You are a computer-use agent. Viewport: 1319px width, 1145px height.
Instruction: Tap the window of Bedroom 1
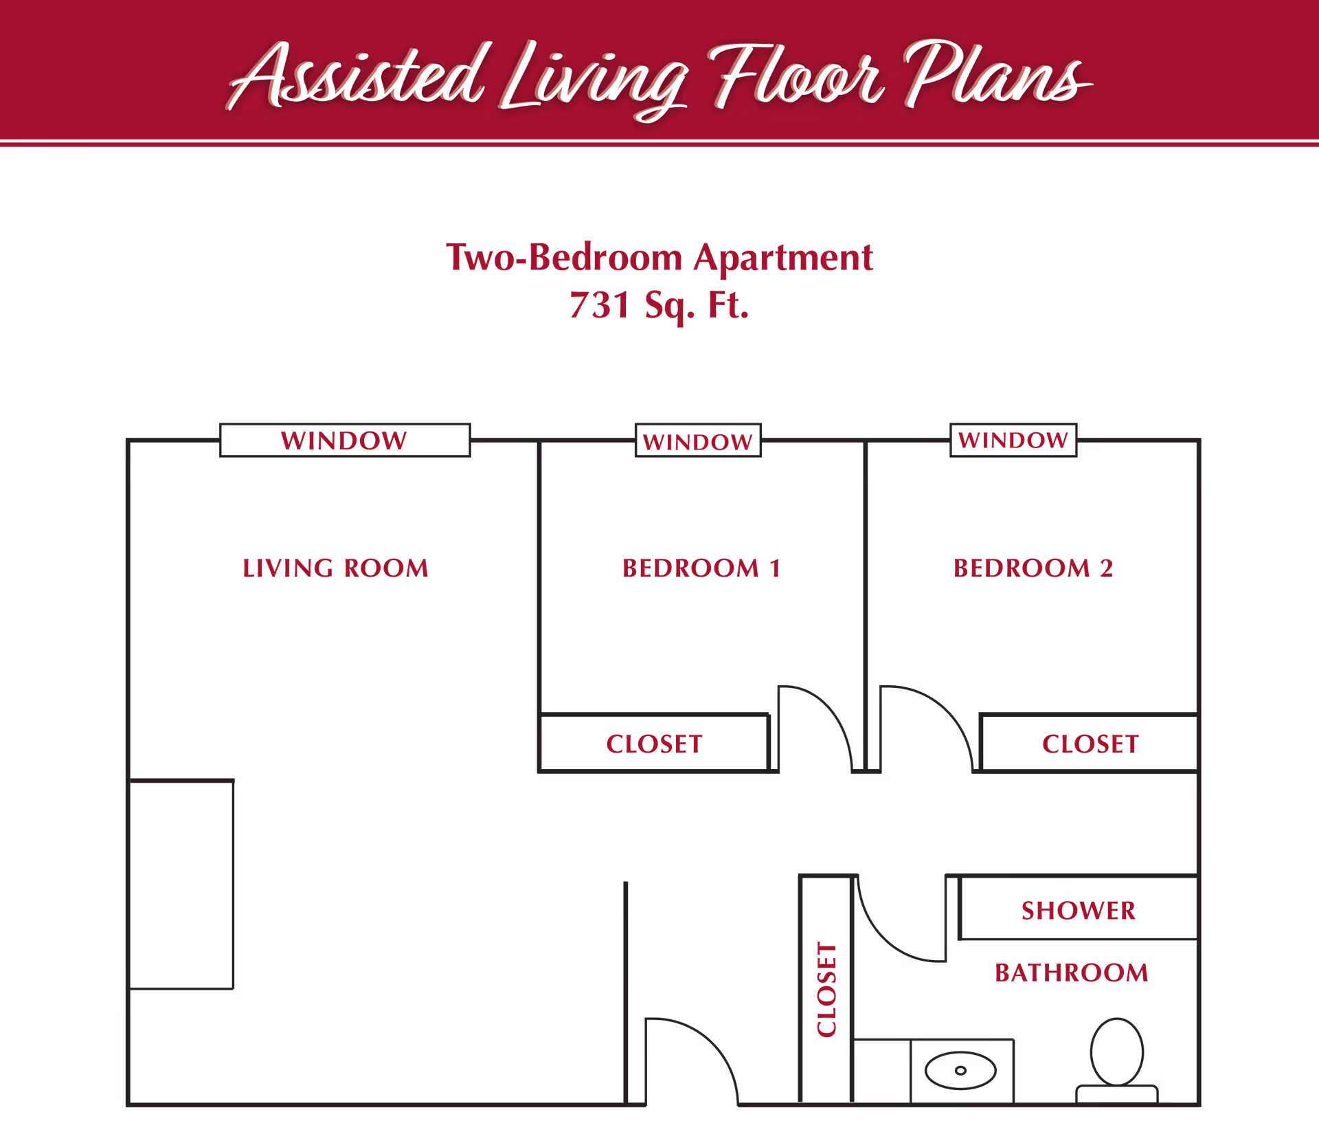point(698,440)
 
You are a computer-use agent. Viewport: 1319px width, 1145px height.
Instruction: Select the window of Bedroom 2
point(1013,440)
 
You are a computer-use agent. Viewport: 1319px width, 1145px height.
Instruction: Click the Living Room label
point(335,568)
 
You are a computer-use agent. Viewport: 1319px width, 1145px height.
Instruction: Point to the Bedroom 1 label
point(701,568)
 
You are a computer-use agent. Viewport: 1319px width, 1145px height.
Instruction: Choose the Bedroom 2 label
point(1033,568)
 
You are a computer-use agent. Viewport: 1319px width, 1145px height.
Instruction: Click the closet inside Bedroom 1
point(654,743)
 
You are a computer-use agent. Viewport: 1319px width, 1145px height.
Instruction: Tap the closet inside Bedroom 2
point(1090,743)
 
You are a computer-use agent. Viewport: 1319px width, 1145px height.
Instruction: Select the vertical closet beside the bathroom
point(826,989)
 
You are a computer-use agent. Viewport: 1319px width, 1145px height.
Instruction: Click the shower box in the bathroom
point(1079,908)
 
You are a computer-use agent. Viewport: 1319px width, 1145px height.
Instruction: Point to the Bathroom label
point(1072,972)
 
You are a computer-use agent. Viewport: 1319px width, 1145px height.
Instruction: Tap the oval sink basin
point(960,1070)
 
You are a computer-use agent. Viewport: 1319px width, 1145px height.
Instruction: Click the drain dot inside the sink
point(960,1070)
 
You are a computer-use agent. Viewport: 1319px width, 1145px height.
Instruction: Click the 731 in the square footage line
point(600,305)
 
